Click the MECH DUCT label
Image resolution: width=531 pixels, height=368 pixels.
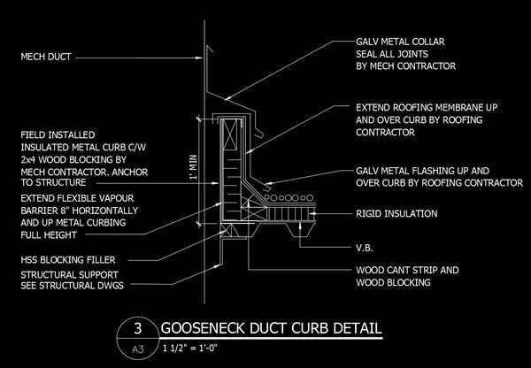46,57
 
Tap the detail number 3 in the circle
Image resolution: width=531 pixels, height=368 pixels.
137,328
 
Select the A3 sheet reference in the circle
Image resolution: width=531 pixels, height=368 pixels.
137,349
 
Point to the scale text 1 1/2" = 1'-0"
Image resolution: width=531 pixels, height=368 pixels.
189,348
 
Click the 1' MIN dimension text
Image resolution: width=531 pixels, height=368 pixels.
193,167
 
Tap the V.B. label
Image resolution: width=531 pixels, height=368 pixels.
365,249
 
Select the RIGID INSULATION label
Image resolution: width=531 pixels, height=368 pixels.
396,213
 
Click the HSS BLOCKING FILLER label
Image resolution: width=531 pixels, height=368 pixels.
68,260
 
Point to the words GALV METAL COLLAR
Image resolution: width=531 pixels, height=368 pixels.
400,42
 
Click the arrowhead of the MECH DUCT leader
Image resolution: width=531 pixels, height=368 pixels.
199,57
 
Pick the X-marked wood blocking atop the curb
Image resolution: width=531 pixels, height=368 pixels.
230,134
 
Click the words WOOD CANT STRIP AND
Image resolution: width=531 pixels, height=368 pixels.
407,270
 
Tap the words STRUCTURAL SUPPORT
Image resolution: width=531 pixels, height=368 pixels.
69,274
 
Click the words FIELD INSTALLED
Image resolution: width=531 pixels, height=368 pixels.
58,135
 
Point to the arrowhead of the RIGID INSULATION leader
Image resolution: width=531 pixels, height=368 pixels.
313,213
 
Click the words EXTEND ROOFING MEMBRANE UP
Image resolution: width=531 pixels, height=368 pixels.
427,108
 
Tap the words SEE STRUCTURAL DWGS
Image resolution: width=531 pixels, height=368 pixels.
73,286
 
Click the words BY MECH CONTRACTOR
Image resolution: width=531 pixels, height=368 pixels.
405,65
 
